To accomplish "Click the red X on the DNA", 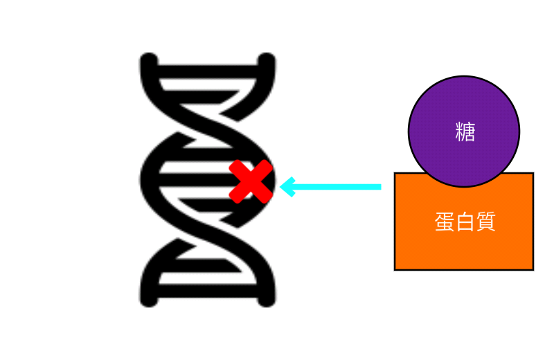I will pyautogui.click(x=250, y=181).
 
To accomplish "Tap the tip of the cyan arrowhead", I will pyautogui.click(x=280, y=186).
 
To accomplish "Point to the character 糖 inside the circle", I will pyautogui.click(x=465, y=132).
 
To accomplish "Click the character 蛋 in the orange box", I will pyautogui.click(x=445, y=222).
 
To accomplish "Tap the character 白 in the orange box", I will pyautogui.click(x=465, y=222).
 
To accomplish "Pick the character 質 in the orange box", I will pyautogui.click(x=485, y=222).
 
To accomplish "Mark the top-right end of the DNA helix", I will pyautogui.click(x=268, y=60).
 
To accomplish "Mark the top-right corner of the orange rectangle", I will pyautogui.click(x=533, y=173).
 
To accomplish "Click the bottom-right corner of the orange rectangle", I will pyautogui.click(x=533, y=269).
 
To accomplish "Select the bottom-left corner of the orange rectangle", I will pyautogui.click(x=395, y=269).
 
